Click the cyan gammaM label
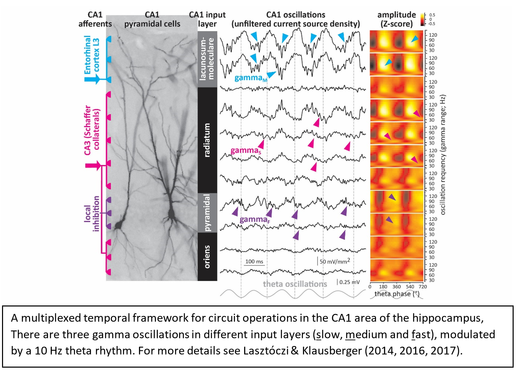click(251, 78)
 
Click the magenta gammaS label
click(246, 150)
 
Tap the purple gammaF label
click(255, 220)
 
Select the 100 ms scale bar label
click(254, 262)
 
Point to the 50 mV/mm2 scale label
click(335, 261)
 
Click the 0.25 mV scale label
click(350, 282)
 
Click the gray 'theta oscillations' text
click(295, 284)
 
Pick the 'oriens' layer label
click(207, 257)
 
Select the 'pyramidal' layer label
click(207, 213)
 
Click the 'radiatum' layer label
click(207, 140)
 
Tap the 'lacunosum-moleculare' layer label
click(207, 59)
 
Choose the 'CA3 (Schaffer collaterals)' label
click(92, 130)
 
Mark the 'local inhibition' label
click(92, 214)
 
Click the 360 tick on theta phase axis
click(397, 287)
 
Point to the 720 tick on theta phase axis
click(423, 287)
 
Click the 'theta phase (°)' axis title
click(397, 294)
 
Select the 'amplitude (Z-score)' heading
click(397, 19)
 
